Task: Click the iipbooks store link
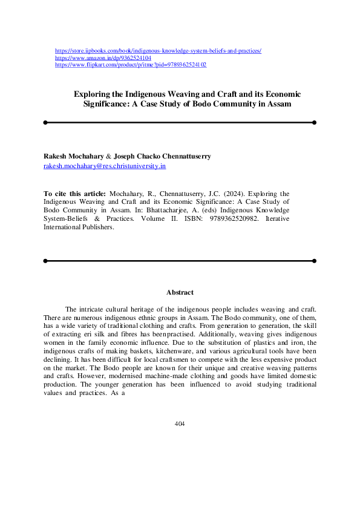point(158,51)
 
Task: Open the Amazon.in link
point(103,58)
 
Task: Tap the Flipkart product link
point(131,65)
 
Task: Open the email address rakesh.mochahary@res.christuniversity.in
point(105,165)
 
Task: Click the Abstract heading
point(179,293)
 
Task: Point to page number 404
point(179,423)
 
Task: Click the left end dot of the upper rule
point(45,122)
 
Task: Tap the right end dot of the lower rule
point(314,261)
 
